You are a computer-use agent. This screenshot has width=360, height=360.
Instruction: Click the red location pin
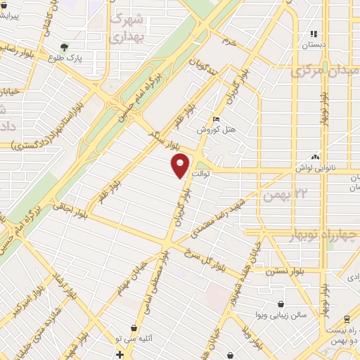click(181, 167)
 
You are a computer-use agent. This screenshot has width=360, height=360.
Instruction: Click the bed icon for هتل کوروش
click(216, 120)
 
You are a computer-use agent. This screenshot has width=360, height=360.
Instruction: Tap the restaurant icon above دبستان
click(315, 33)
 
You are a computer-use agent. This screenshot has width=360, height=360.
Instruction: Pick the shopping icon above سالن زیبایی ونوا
click(281, 304)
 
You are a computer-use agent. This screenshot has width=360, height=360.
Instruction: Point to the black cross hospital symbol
click(120, 353)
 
